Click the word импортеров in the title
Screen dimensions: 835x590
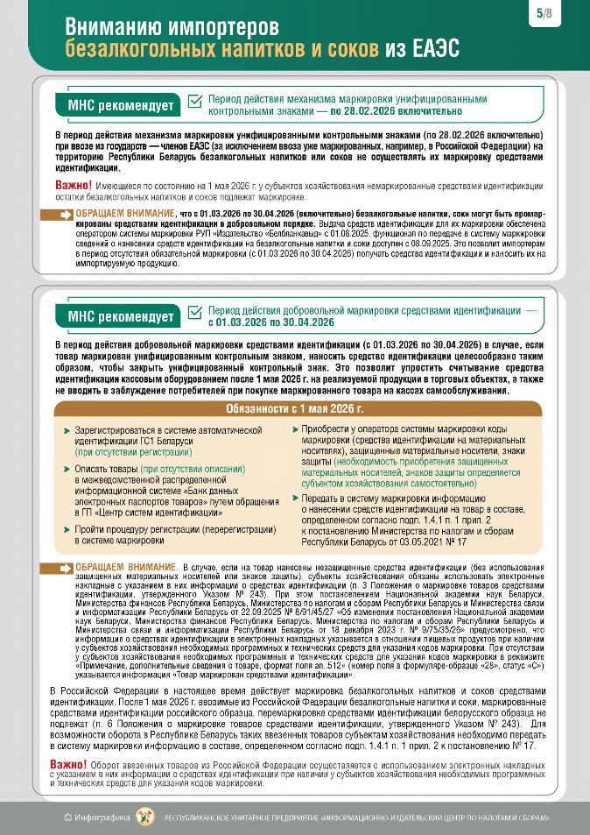point(218,27)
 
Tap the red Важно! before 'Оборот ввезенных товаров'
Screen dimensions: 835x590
point(67,765)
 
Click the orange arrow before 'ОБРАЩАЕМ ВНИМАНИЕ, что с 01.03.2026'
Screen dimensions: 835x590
point(64,215)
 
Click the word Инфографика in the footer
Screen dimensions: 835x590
point(102,817)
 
